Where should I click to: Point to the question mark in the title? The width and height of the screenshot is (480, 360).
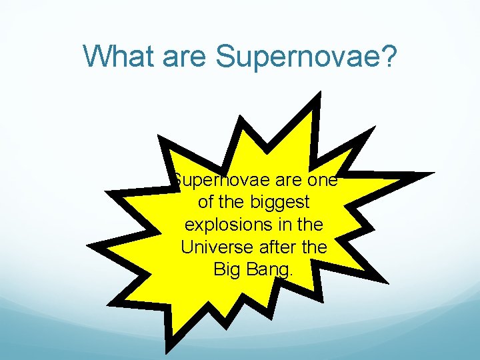pos(388,57)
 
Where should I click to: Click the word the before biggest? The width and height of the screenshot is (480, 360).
pos(234,203)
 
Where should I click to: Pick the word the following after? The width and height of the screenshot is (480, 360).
pos(315,247)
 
